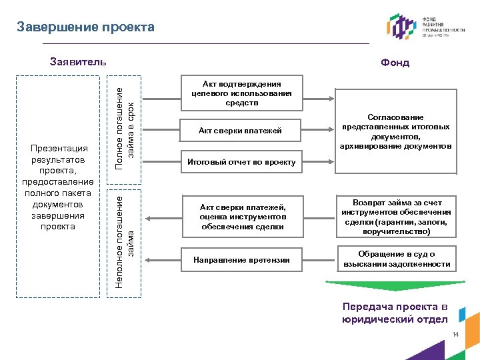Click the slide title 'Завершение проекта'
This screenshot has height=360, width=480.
point(85,27)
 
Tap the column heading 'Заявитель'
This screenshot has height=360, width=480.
point(78,62)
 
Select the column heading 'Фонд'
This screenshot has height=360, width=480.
point(395,63)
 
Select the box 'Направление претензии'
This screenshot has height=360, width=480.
point(241,260)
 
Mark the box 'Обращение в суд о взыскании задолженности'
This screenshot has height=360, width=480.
point(397,259)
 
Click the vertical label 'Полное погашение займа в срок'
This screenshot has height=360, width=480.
point(125,123)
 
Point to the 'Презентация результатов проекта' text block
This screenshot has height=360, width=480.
point(58,187)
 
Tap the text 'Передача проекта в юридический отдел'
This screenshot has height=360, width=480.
point(395,313)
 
